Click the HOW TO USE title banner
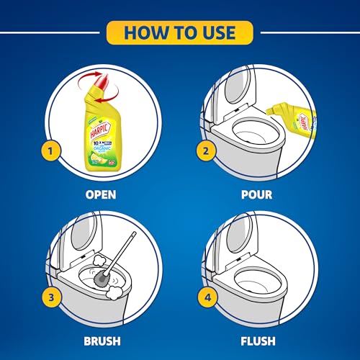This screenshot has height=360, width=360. [x=179, y=32]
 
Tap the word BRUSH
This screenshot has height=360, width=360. [x=100, y=341]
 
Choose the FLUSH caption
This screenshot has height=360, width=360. [x=258, y=341]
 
